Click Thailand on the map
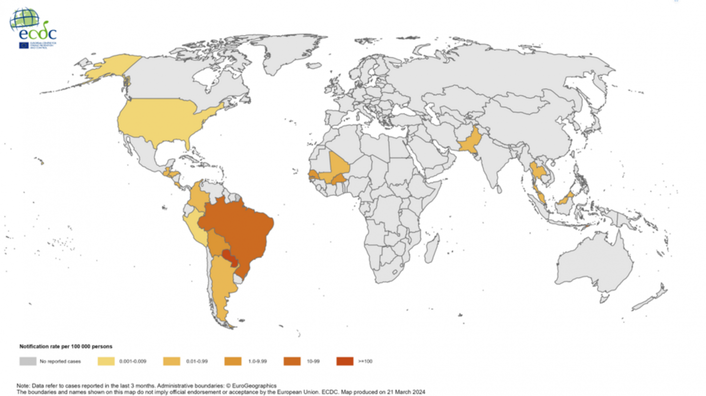click(536, 172)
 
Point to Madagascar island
click(433, 247)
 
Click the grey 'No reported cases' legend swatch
click(27, 361)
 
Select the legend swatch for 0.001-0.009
click(106, 361)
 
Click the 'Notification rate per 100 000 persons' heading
click(65, 346)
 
